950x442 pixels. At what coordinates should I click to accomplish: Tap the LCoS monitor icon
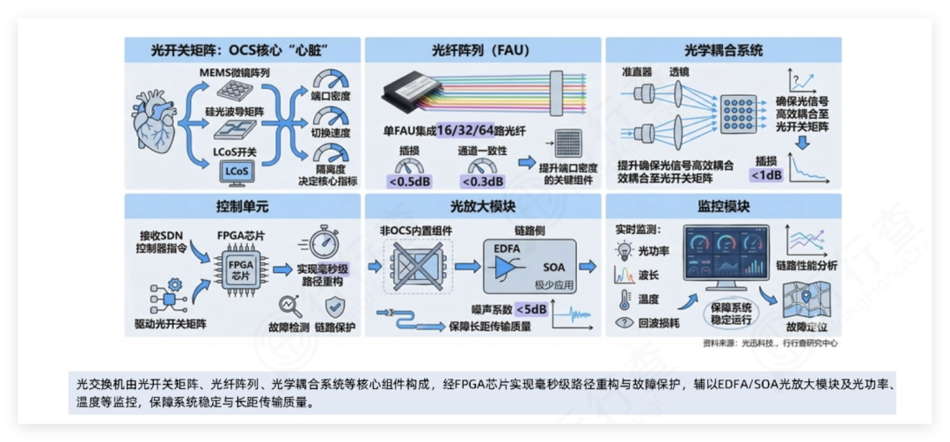click(236, 170)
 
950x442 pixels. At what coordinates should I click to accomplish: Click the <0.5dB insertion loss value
click(409, 181)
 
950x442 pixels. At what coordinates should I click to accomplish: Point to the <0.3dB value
click(482, 181)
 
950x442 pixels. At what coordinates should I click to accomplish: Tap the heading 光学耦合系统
click(723, 50)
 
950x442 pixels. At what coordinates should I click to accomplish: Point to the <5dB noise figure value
click(531, 309)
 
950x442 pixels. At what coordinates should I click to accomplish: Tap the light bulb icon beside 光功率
click(624, 251)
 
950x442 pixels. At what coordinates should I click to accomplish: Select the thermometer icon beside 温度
click(624, 298)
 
